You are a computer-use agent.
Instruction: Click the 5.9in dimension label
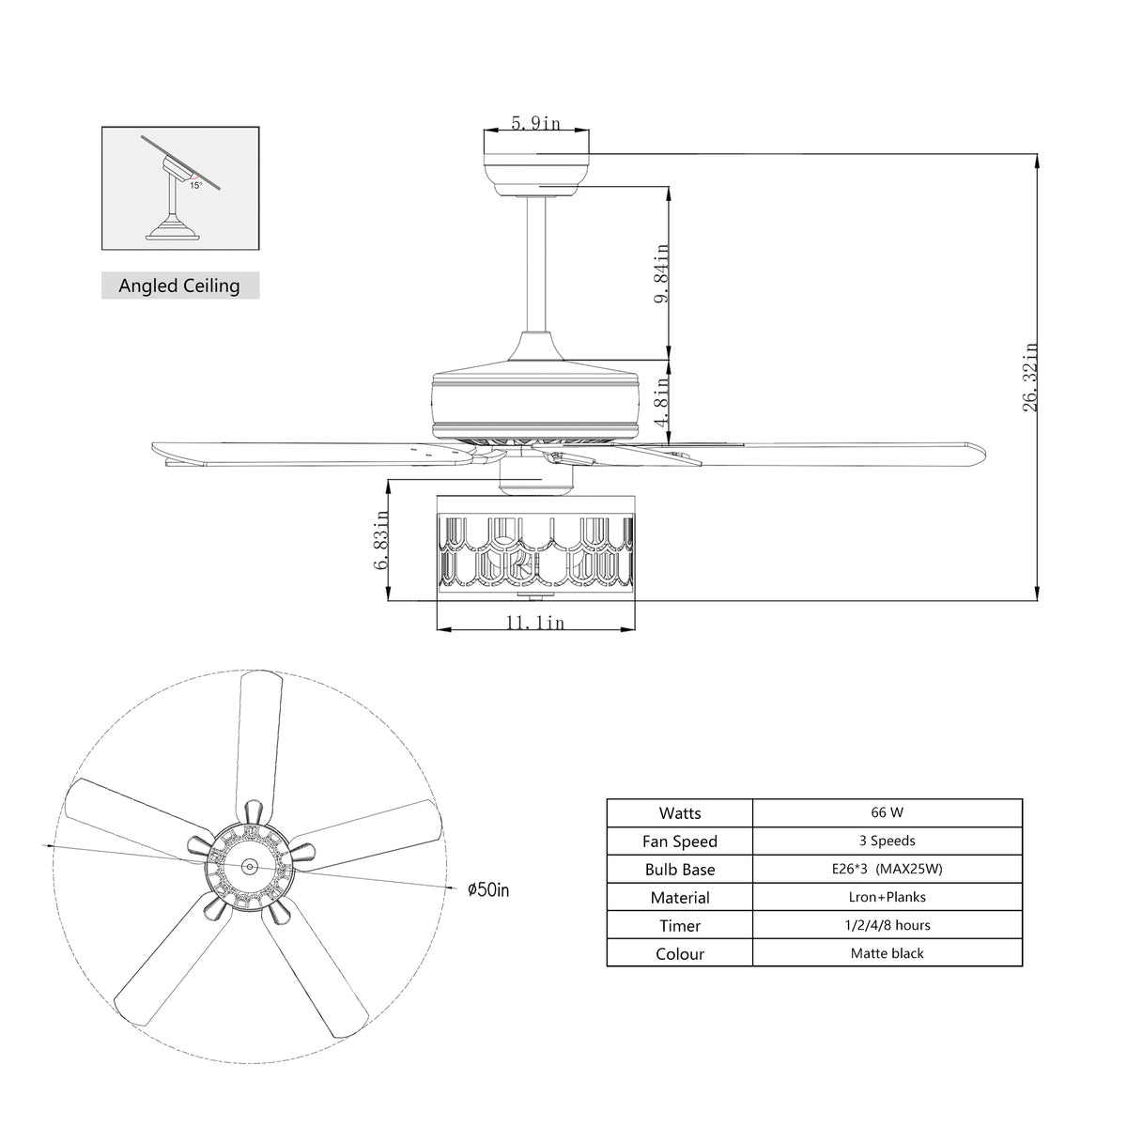point(535,123)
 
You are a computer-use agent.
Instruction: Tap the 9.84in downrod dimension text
point(661,273)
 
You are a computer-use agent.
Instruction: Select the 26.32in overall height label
point(1030,378)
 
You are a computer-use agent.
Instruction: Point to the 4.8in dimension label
point(661,402)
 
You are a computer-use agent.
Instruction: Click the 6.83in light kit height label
point(380,539)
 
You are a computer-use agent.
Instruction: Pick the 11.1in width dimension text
point(535,623)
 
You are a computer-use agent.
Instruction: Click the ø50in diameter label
point(488,890)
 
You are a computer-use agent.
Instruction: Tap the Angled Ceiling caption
point(179,286)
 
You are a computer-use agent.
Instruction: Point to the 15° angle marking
point(195,185)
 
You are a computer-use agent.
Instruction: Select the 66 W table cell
point(887,812)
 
